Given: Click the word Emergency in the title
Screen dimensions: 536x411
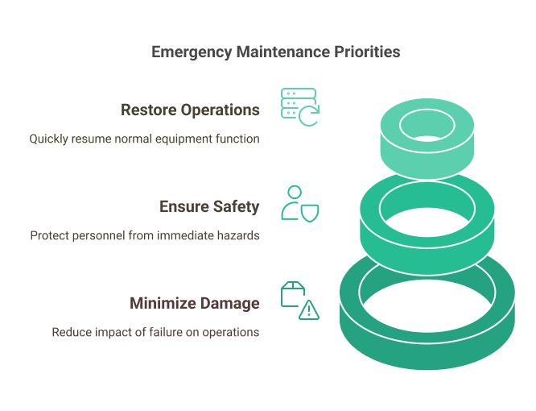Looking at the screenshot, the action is (x=192, y=52).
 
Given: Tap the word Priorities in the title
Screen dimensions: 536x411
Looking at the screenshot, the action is (x=367, y=52).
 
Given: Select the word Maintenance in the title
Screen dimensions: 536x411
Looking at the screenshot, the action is (x=283, y=52).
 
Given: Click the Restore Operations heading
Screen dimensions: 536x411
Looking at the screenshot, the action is (x=190, y=110).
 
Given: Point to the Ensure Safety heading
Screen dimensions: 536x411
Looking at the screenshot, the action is (x=209, y=207).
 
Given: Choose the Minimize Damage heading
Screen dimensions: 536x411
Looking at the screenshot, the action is (x=195, y=304).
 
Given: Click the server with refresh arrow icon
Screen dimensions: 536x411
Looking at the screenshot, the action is (x=300, y=107).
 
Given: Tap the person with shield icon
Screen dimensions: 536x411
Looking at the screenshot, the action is (x=300, y=204).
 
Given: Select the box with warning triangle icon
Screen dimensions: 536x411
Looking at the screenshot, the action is (x=300, y=301).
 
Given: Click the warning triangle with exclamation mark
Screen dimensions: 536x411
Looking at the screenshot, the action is (x=309, y=310).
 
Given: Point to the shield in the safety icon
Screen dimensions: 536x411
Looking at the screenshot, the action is (x=309, y=214).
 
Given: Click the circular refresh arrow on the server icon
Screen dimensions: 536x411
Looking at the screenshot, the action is (x=309, y=116).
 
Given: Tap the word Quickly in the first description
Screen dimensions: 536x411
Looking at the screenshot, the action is (x=48, y=139).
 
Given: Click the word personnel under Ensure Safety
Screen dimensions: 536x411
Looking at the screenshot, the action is (x=98, y=236).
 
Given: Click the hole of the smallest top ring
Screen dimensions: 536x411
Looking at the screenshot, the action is (x=427, y=125).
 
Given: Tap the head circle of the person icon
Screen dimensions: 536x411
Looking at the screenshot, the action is (x=295, y=192).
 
